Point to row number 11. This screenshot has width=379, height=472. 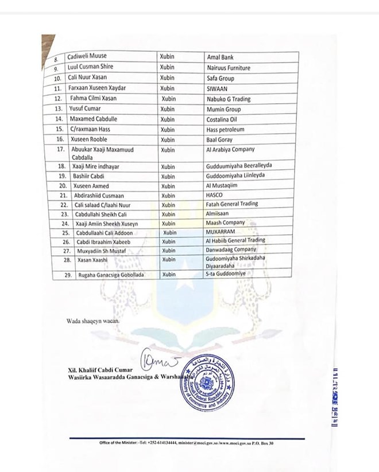(57, 88)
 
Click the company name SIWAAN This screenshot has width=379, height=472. (218, 88)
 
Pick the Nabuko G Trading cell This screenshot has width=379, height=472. (229, 99)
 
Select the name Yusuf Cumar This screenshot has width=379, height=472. (85, 109)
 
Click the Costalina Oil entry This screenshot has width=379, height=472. (225, 119)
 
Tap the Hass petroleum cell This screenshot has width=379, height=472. (227, 129)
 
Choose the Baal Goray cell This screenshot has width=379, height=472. (221, 139)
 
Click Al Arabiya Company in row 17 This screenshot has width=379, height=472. (230, 150)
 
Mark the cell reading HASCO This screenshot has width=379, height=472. (215, 195)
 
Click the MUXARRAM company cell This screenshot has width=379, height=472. (221, 233)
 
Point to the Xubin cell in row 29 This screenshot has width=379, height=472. (169, 275)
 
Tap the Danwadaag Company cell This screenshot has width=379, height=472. (231, 250)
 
